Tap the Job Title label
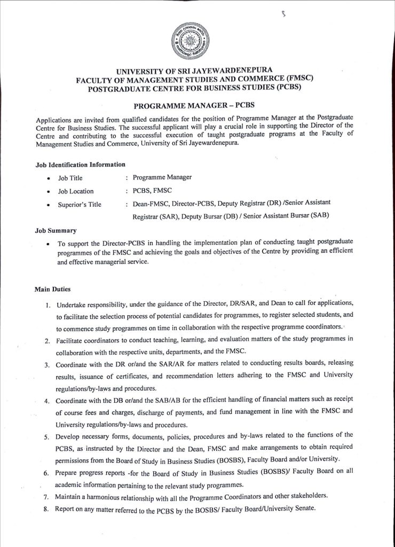click(x=70, y=178)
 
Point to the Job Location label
click(x=76, y=191)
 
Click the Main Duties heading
click(x=49, y=290)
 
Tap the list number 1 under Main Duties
click(x=48, y=306)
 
